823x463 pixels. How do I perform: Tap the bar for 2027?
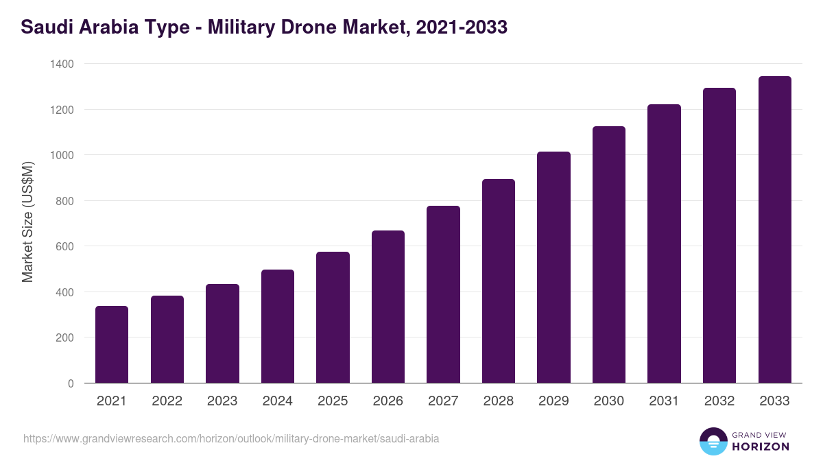(443, 294)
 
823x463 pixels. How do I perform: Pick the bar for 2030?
(609, 254)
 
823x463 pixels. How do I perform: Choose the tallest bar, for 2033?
(774, 230)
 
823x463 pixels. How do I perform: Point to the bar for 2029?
(553, 268)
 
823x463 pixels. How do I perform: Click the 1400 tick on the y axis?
(62, 64)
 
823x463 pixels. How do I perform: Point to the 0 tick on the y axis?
(71, 383)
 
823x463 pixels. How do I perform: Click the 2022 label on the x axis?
(167, 401)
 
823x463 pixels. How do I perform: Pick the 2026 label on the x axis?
(388, 401)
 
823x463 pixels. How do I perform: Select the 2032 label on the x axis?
(719, 401)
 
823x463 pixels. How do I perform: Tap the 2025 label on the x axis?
(333, 401)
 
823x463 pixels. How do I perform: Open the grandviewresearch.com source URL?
(231, 438)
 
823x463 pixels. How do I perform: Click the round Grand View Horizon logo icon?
(713, 441)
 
